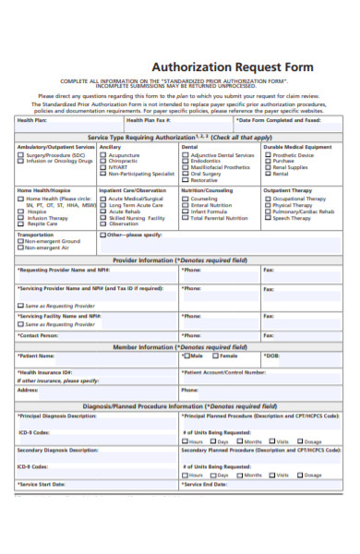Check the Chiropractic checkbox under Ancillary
(x=102, y=162)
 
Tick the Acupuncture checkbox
(x=102, y=155)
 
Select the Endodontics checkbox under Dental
(x=186, y=162)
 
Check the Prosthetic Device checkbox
(x=268, y=155)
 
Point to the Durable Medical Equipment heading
(x=297, y=147)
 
